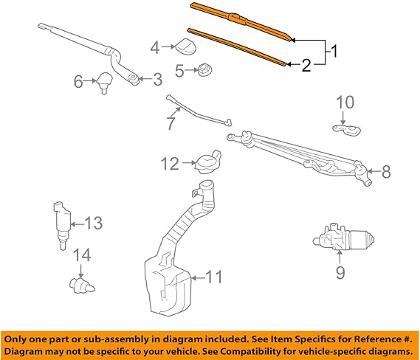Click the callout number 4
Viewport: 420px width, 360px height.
155,48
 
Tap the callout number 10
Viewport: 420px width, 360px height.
345,103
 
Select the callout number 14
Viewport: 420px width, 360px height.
82,255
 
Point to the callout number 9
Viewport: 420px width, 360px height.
340,273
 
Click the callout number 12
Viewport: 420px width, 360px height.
170,164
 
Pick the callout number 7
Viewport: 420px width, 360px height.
171,123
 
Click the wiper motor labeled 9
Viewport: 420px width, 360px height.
344,238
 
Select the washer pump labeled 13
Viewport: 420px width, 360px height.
62,225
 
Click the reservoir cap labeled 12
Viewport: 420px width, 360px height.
208,162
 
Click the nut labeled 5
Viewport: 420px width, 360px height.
205,70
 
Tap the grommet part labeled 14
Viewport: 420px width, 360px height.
81,285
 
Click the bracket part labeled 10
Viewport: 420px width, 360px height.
346,130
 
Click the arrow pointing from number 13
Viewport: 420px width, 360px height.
78,224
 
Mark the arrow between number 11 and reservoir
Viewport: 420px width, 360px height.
198,278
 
